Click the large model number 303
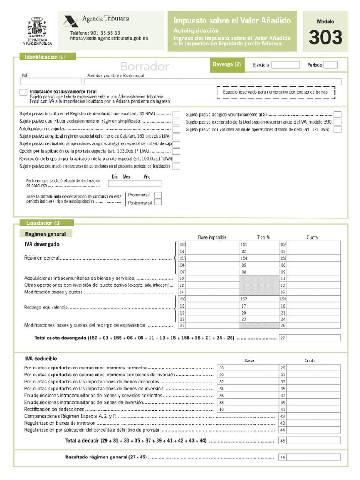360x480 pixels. point(325,37)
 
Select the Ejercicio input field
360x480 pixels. point(285,65)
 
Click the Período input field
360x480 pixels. point(330,65)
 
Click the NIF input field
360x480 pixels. point(44,82)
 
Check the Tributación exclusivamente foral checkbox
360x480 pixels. point(23,92)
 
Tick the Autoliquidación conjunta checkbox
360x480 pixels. point(176,128)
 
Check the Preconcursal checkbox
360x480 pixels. point(158,195)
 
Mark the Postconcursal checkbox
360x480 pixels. point(158,202)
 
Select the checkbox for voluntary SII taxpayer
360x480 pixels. point(337,114)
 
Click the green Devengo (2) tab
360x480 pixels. point(227,65)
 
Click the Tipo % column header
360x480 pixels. point(263,237)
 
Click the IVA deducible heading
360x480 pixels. point(41,359)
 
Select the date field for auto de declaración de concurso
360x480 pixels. point(134,183)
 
